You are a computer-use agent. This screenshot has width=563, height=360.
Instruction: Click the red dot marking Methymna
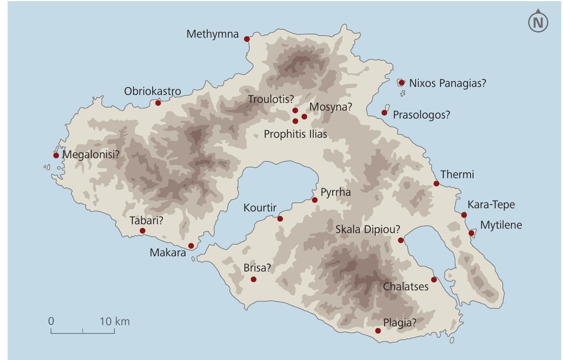247,39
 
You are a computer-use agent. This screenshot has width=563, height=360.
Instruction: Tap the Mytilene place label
501,225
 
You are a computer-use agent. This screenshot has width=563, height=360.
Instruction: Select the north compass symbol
538,22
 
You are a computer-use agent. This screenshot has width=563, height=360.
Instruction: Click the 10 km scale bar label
115,321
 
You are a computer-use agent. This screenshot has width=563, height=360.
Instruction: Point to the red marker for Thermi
436,183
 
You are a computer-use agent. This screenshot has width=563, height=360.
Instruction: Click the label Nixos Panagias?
447,83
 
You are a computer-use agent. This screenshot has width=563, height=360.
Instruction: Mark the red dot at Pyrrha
315,200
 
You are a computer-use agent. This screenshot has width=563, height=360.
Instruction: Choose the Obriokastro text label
152,91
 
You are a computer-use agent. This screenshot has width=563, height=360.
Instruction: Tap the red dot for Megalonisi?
56,155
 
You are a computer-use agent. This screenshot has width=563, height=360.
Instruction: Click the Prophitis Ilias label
295,134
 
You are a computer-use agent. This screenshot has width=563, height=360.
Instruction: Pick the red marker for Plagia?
378,331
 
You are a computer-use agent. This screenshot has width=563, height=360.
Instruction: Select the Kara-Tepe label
491,205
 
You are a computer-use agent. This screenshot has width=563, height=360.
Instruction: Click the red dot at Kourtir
280,219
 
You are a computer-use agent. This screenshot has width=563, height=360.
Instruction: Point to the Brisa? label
257,268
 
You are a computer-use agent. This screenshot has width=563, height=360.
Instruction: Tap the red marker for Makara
191,245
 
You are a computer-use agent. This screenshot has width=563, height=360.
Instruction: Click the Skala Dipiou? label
367,229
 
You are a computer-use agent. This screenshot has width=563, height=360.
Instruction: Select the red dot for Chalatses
434,280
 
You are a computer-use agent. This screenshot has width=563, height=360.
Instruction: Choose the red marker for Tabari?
142,231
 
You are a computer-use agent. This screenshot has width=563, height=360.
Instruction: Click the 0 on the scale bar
51,321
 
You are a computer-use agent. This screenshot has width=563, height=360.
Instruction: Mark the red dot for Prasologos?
384,113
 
